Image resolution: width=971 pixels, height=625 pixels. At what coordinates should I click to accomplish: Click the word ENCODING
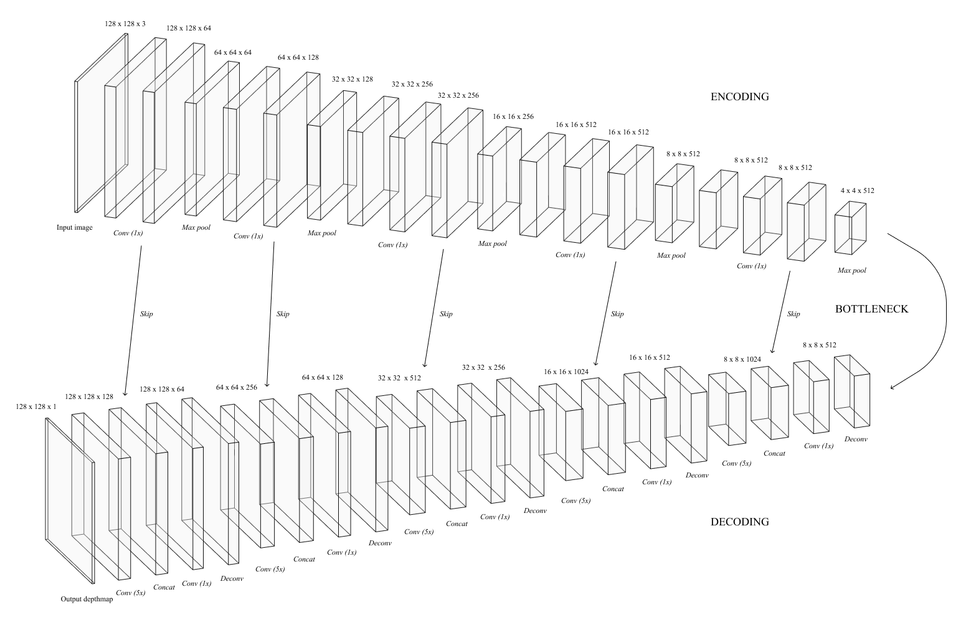[739, 96]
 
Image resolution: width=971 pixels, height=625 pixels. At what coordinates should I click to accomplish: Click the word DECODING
[739, 522]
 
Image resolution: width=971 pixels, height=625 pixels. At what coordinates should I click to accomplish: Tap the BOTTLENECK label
[871, 309]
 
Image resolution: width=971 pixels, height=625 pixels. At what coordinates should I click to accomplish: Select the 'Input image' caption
[75, 228]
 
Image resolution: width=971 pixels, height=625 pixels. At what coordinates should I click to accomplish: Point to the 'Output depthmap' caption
[87, 599]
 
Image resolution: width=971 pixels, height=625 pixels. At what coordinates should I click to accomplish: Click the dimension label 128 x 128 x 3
[125, 24]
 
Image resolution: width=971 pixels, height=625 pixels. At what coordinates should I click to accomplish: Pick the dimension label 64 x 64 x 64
[233, 52]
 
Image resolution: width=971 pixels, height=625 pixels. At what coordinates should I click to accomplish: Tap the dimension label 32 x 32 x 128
[352, 80]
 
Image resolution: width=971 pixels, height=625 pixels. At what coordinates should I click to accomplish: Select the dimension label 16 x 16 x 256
[513, 116]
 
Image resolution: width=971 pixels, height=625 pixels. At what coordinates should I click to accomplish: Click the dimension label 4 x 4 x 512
[857, 190]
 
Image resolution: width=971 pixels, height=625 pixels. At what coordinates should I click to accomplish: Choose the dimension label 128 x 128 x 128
[89, 396]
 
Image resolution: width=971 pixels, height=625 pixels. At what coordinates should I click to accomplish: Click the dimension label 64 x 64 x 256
[237, 387]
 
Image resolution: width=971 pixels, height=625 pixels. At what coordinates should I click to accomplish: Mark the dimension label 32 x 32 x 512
[399, 378]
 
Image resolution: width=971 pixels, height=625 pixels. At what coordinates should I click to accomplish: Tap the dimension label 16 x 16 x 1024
[566, 372]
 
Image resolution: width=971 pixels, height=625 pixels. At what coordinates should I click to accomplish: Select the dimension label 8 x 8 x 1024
[742, 359]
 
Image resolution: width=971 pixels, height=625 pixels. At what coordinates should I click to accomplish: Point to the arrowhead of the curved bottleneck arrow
[892, 388]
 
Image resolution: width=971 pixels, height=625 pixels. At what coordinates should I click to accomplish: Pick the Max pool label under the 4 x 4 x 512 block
[851, 271]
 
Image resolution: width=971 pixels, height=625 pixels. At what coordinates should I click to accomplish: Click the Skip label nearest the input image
[146, 314]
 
